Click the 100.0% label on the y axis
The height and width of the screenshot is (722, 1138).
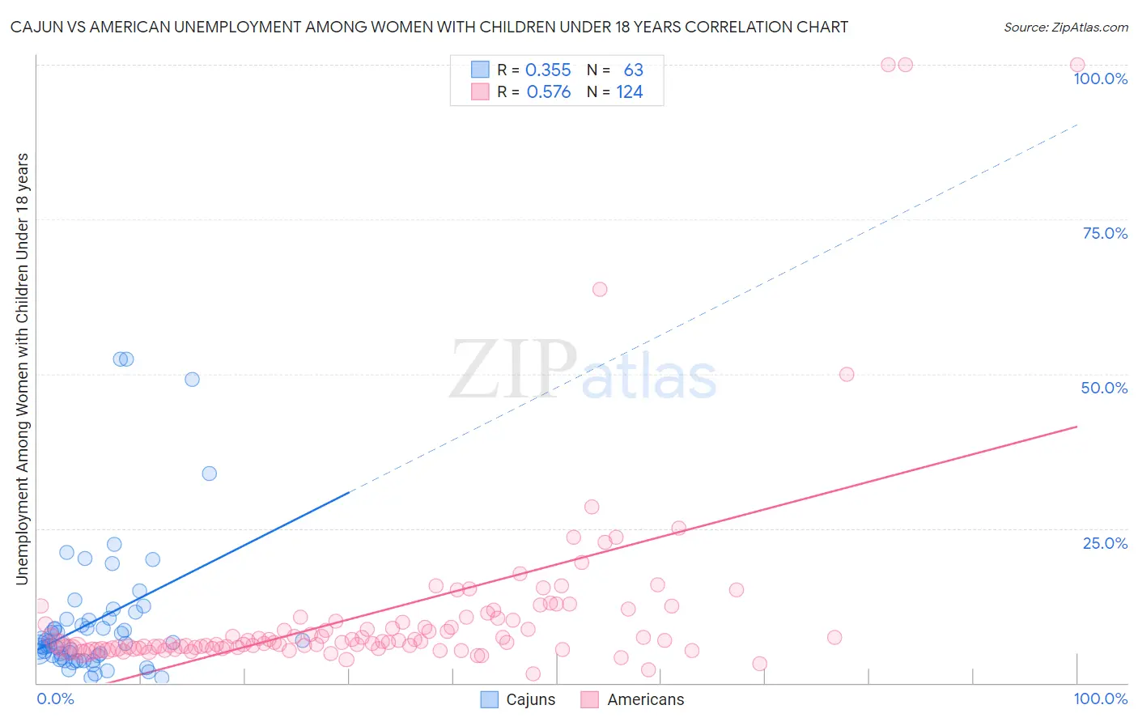1100,79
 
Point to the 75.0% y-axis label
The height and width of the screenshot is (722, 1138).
1105,233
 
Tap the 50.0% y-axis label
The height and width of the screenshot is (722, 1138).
1104,388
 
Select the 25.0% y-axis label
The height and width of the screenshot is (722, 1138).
1105,543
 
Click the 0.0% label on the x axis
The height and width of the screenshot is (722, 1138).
55,699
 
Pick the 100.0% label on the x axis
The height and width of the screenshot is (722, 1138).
1100,699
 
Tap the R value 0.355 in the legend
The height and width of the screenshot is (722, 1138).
548,70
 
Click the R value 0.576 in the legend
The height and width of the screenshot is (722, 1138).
548,92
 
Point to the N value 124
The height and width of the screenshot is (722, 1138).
630,92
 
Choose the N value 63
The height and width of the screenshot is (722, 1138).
633,70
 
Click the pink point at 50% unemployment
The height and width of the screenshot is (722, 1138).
847,374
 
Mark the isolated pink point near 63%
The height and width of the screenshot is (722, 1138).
600,289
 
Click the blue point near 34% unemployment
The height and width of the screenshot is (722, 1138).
209,474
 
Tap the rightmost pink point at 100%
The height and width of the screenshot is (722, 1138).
1077,65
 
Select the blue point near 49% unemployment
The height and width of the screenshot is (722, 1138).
192,379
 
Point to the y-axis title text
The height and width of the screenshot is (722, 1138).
22,368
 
